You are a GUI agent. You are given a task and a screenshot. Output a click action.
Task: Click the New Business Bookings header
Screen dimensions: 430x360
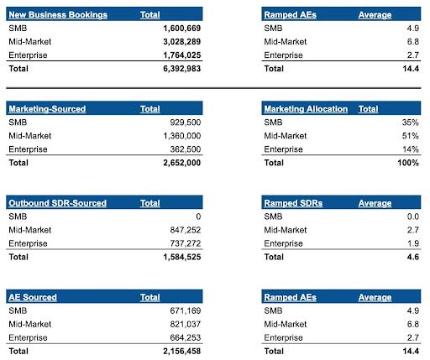(x=58, y=15)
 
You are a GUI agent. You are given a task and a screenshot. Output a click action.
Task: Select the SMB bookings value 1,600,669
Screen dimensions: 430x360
(x=182, y=29)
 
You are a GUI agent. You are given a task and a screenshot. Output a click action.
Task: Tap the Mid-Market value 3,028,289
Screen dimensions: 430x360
(x=182, y=42)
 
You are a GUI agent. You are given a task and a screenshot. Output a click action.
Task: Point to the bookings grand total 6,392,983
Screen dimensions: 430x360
(x=182, y=69)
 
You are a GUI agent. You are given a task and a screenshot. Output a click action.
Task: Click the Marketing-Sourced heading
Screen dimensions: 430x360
(x=47, y=109)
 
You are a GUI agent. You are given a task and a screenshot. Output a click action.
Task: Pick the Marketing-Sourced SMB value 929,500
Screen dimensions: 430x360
(x=186, y=123)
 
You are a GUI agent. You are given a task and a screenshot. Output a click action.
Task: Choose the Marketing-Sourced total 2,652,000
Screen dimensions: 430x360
(x=182, y=163)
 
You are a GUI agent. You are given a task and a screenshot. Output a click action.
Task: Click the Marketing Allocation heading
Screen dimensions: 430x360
(x=306, y=109)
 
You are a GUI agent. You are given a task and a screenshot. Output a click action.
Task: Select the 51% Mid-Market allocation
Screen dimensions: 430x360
(x=411, y=136)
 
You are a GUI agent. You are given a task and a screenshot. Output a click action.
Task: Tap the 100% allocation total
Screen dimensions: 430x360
(x=408, y=163)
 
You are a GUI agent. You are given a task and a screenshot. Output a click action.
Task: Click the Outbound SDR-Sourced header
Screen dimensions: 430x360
(x=57, y=203)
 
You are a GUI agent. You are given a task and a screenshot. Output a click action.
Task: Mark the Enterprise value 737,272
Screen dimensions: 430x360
(x=186, y=243)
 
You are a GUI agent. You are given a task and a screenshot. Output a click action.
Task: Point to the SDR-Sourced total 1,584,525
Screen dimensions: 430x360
(x=182, y=257)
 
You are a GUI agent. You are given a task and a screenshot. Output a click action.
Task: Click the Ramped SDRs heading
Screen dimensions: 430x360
(x=293, y=203)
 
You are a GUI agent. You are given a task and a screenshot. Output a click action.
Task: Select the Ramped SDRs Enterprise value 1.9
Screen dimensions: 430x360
(x=413, y=243)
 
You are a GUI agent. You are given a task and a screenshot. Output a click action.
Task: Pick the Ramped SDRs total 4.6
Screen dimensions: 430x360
(x=413, y=257)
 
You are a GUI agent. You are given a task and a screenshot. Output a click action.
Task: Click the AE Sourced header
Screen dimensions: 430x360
(x=33, y=297)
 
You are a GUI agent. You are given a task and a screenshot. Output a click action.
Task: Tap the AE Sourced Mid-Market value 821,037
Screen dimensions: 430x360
(x=186, y=324)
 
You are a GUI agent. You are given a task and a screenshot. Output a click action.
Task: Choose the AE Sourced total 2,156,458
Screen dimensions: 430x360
(x=182, y=352)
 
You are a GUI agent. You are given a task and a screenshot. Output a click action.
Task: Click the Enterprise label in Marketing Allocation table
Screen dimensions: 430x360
(x=283, y=149)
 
